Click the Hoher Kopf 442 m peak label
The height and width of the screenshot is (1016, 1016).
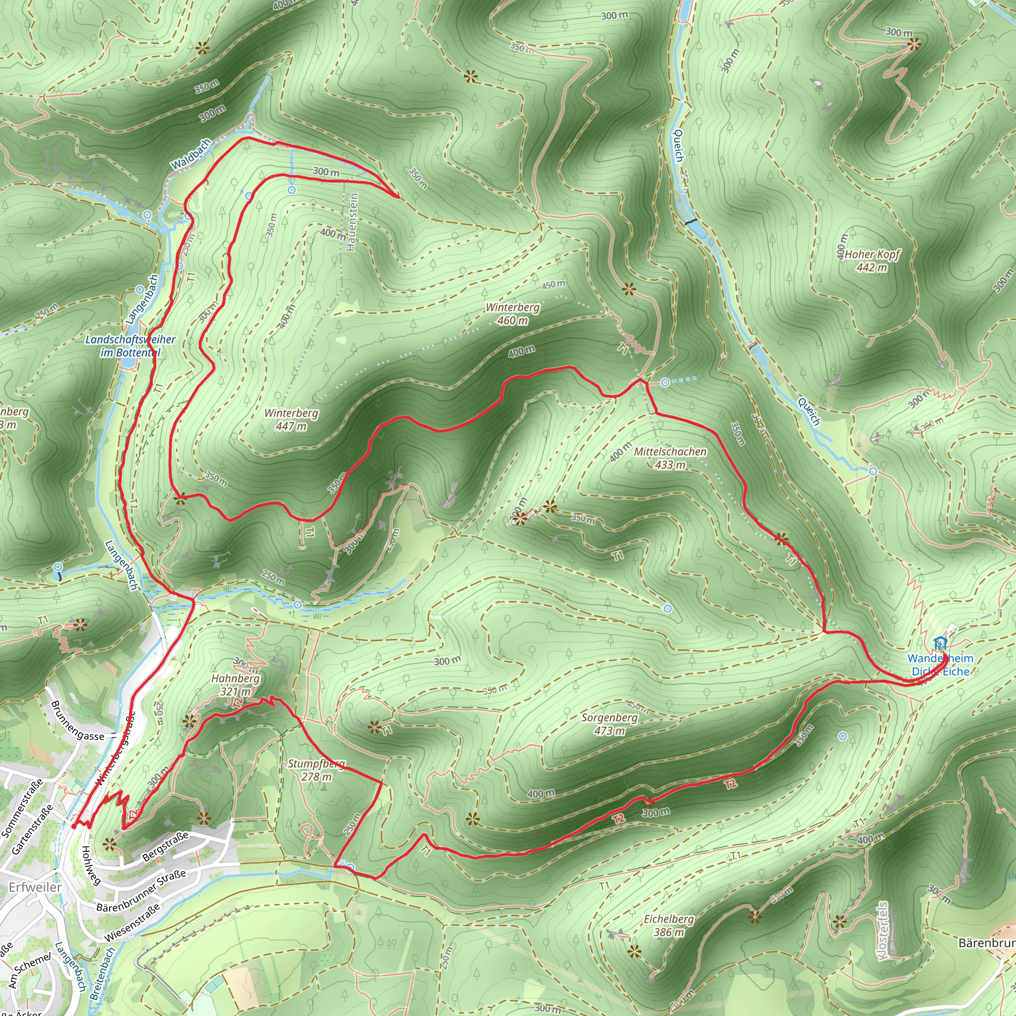[x=872, y=261]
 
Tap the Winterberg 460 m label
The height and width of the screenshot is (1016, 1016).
[x=512, y=314]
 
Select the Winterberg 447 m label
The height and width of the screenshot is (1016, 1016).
[x=291, y=419]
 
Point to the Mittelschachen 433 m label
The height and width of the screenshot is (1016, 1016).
[x=670, y=457]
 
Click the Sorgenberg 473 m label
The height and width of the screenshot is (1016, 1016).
[x=610, y=724]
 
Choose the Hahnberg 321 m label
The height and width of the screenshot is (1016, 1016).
[x=236, y=684]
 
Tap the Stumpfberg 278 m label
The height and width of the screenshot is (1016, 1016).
[x=317, y=770]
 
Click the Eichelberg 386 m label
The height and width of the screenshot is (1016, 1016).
[x=669, y=926]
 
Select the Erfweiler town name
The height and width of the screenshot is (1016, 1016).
[x=35, y=887]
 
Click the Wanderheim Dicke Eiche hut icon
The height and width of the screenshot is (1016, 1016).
[x=940, y=643]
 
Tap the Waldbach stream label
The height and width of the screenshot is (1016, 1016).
[x=190, y=154]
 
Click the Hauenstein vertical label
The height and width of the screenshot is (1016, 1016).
[x=352, y=221]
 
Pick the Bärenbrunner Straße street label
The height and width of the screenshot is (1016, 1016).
[x=141, y=891]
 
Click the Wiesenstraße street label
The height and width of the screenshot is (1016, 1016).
[x=132, y=923]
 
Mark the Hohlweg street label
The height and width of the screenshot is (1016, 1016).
[x=90, y=866]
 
